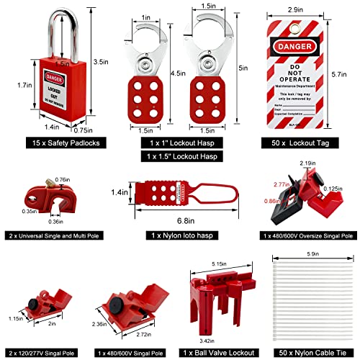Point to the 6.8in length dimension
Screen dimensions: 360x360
[180, 220]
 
